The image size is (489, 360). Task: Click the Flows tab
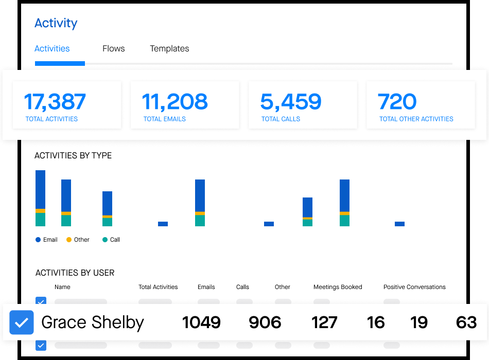113,49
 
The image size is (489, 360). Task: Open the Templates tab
169,49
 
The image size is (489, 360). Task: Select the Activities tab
52,49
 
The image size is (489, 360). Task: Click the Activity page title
56,23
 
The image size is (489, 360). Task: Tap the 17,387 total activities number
55,102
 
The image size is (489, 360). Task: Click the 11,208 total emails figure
174,102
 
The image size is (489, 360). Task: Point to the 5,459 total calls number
291,102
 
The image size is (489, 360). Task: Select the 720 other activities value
397,102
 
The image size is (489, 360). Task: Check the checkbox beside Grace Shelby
22,322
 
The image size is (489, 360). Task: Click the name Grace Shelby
93,322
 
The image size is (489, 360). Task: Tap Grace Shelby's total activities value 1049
201,322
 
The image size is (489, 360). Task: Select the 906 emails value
265,322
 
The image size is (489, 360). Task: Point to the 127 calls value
324,322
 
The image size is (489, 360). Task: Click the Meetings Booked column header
338,287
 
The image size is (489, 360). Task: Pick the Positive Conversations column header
414,287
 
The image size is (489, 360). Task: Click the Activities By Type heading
73,155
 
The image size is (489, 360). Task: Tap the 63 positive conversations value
466,322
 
